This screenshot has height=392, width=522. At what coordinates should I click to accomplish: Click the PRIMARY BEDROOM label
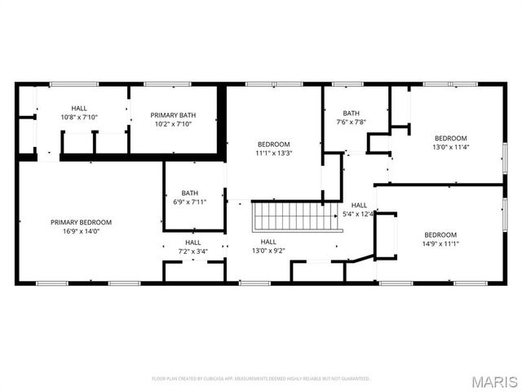81,222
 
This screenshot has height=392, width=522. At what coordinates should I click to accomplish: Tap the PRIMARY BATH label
172,115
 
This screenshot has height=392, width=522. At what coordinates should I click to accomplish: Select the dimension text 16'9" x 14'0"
81,231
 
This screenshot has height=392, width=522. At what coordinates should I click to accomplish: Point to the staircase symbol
293,217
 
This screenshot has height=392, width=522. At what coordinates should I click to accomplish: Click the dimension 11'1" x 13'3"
273,153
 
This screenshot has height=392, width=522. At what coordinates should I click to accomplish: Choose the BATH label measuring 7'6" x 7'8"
351,114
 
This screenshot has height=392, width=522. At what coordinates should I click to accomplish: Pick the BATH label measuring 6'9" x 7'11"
189,193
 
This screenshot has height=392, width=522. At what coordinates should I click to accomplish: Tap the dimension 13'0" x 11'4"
450,148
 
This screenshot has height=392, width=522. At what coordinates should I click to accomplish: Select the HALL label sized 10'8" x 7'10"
79,108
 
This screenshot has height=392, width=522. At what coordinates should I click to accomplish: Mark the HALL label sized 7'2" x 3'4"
192,242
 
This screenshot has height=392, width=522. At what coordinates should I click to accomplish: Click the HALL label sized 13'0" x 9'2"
268,242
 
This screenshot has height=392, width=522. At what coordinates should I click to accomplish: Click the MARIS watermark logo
498,381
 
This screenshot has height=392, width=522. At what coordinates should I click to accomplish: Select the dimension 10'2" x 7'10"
172,124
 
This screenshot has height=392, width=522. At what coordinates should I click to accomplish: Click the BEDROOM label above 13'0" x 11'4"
450,138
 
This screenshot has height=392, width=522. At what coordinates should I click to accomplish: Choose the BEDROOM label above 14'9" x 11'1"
440,234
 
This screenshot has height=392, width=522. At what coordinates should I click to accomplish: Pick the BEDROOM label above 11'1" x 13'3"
273,144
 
